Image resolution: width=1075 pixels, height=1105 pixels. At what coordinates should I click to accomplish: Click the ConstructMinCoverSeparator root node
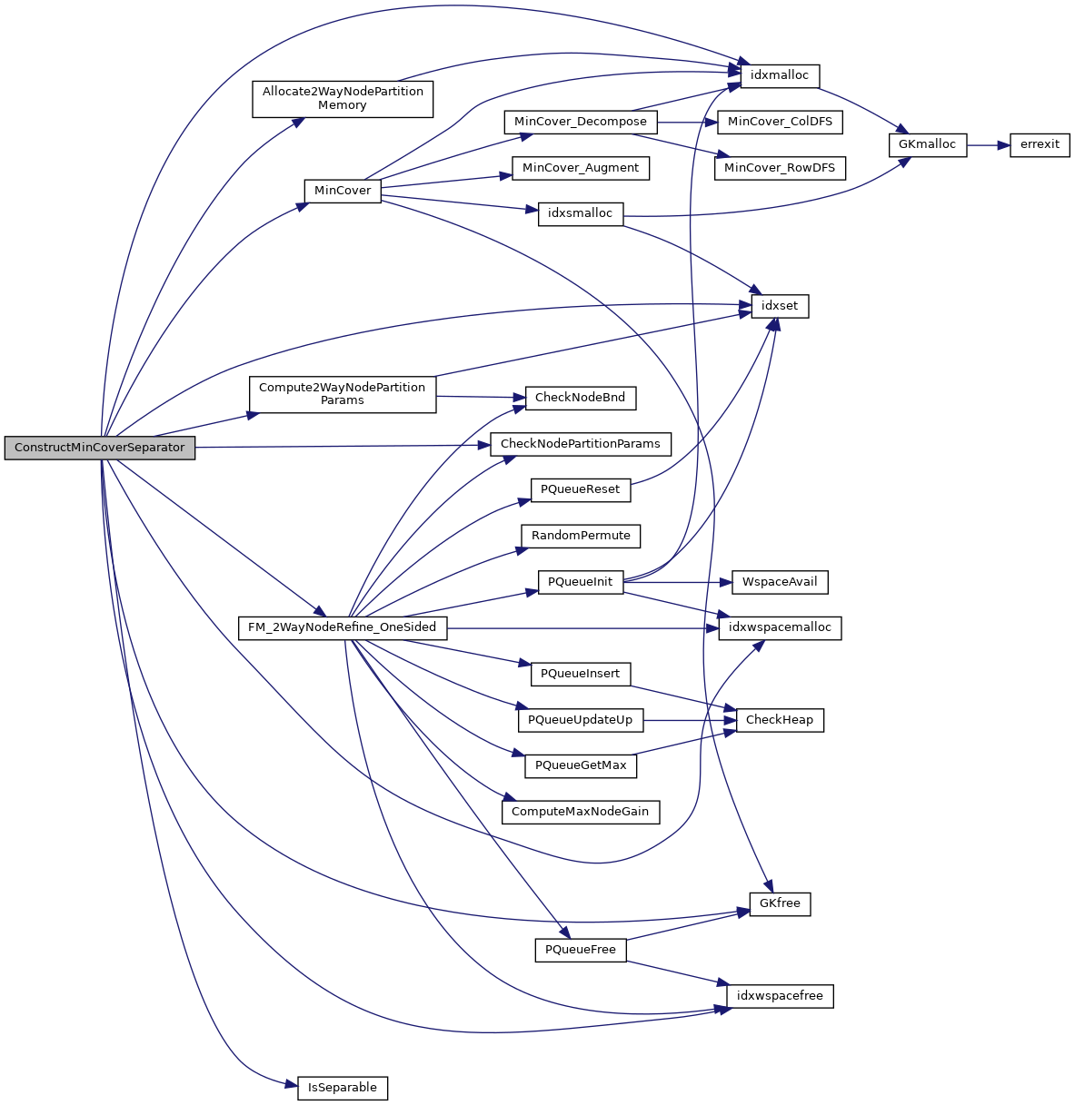point(100,448)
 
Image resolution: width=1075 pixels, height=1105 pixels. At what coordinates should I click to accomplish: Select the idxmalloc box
point(780,75)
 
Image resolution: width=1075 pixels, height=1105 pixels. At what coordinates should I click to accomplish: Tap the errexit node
point(1040,144)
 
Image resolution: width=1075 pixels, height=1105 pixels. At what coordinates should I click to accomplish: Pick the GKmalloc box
point(927,144)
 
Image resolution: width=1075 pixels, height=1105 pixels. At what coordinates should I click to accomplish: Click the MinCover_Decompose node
point(581,122)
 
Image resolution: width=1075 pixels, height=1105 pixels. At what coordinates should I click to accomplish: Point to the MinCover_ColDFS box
point(780,122)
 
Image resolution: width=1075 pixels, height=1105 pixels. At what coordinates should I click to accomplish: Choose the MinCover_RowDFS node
point(780,168)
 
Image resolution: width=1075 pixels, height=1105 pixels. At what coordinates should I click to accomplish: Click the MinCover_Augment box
point(581,168)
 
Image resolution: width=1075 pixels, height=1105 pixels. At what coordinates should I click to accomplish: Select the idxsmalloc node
point(581,213)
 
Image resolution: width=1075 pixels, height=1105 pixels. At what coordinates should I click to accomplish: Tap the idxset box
point(780,306)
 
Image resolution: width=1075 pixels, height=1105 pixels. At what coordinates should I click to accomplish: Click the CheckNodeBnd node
point(581,398)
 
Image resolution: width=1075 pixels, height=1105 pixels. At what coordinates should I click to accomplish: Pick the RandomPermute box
point(581,536)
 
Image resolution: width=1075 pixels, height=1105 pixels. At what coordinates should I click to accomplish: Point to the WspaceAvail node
point(780,582)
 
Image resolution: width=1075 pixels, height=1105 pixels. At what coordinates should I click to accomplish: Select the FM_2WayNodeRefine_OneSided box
point(342,627)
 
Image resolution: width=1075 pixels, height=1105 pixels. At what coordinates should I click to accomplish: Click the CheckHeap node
point(780,720)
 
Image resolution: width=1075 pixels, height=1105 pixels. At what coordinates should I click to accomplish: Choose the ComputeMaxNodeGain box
point(581,812)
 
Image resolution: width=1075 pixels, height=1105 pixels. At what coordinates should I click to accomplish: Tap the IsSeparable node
point(343,1088)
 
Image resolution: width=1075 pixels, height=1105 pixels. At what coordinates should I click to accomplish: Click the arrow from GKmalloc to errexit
point(989,144)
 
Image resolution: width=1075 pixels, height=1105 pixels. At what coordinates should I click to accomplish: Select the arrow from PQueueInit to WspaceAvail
point(678,582)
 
